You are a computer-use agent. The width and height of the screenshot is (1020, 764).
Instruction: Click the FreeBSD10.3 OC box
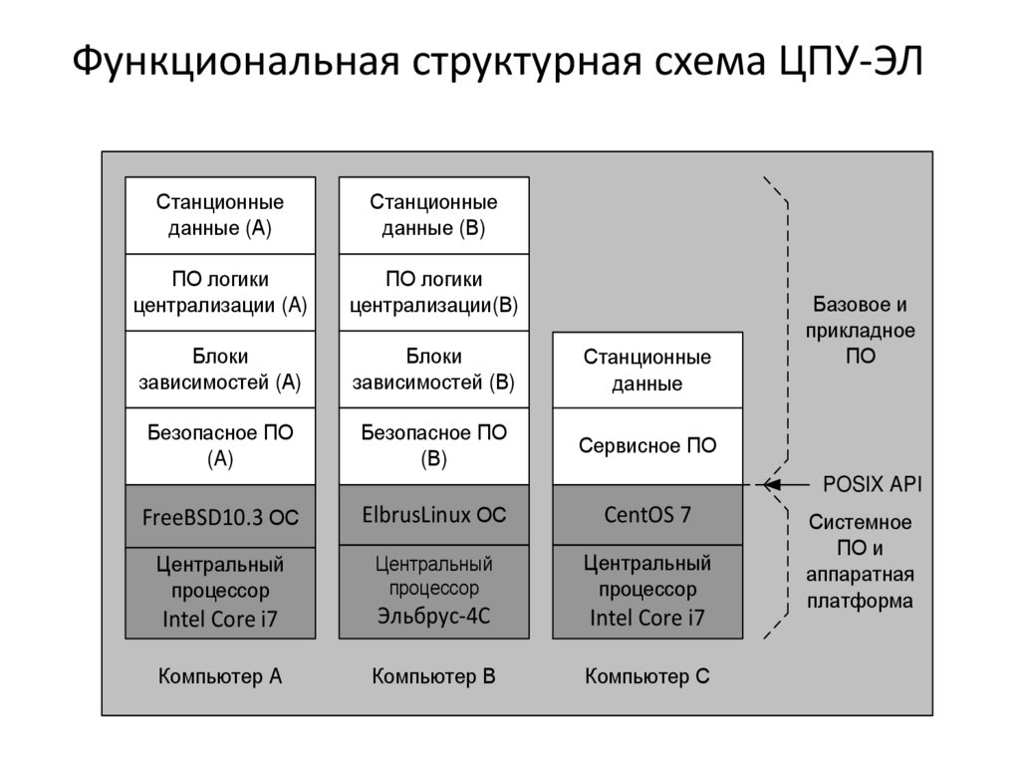(220, 516)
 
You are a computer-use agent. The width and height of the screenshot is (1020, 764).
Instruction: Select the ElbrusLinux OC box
(433, 516)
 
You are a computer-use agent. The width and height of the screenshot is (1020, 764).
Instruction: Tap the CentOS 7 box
(647, 516)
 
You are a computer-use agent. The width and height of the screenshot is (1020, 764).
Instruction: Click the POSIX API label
(872, 485)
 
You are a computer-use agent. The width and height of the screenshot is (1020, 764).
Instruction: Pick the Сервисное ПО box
(647, 445)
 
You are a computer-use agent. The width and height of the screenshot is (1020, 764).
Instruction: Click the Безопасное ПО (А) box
(220, 445)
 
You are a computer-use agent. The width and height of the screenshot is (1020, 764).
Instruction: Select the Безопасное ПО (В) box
(433, 445)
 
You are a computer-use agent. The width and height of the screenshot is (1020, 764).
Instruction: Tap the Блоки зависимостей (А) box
(220, 369)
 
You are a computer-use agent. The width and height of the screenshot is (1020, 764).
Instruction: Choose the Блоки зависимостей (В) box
(433, 369)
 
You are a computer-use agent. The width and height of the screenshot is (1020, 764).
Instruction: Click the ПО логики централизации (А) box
(220, 292)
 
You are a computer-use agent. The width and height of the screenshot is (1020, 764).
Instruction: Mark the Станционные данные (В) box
(433, 215)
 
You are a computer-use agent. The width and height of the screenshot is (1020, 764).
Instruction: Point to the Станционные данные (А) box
(220, 215)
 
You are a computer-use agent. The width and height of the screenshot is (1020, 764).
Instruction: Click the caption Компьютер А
(220, 677)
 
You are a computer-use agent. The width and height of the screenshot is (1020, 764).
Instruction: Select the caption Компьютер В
(433, 677)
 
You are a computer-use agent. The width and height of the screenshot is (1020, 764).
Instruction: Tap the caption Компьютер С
(647, 677)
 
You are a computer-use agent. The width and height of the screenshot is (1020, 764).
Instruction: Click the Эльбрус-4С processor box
(433, 591)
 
